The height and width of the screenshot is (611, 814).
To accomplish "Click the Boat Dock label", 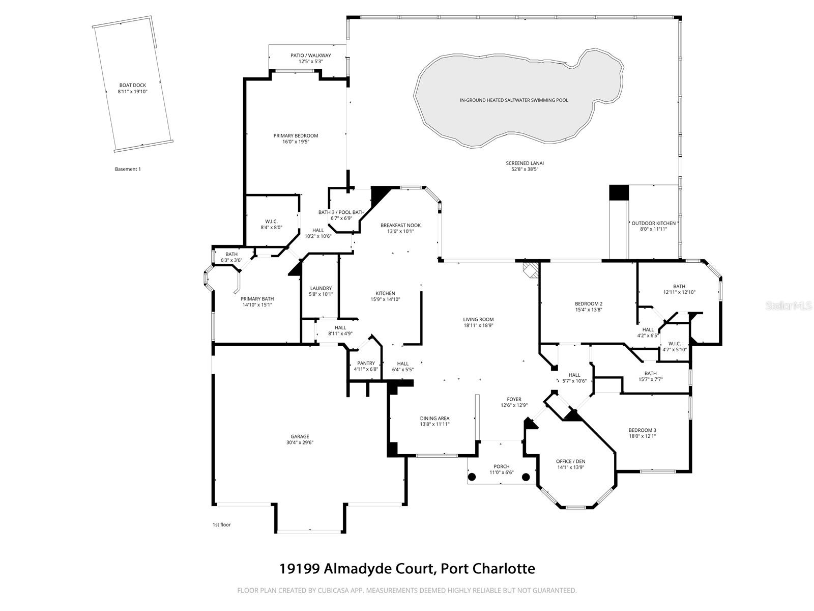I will tap(132, 85).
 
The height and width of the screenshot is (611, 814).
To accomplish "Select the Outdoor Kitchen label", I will tap(653, 223).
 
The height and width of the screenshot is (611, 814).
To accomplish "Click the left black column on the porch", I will tap(472, 477).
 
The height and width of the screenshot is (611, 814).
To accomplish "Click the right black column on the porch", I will tap(526, 477).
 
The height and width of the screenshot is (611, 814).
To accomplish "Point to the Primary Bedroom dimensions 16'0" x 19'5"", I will tap(296, 142).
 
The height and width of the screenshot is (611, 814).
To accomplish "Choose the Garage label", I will tap(300, 436).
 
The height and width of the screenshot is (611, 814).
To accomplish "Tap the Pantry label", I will tap(366, 363).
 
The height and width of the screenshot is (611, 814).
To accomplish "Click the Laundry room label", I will tap(321, 288).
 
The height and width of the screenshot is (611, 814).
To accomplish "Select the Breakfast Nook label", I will tap(400, 225).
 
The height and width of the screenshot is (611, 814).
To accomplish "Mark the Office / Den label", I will tap(570, 461).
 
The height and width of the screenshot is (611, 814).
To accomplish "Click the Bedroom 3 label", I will tap(642, 430).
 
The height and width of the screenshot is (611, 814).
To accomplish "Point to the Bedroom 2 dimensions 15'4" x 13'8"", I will tap(589, 310).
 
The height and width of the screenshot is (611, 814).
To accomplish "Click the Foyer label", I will tap(514, 399).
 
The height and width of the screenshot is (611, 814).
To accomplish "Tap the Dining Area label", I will tap(434, 418).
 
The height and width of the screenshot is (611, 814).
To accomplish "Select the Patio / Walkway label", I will tap(310, 55).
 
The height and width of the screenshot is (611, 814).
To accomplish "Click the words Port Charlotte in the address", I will tap(488, 568).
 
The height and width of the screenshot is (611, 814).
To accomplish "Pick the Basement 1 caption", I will tap(128, 169).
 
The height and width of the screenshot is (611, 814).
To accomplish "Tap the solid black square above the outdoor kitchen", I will tap(619, 192).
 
